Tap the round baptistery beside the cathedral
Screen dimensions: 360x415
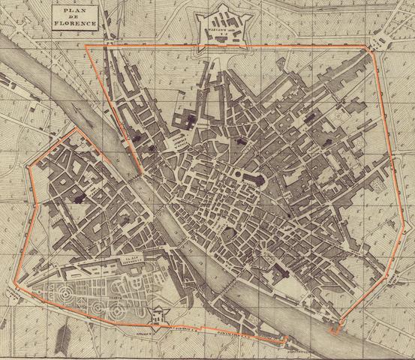239,174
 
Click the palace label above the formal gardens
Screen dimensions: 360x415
134,260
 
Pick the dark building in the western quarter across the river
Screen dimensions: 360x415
80,199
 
